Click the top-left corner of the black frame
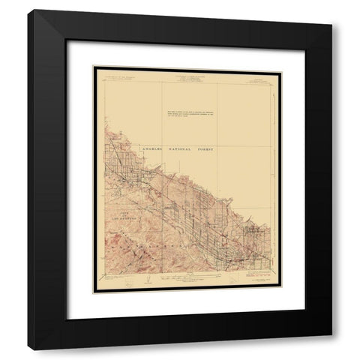click(x=28, y=10)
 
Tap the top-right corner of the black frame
click(x=331, y=10)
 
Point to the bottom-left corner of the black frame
click(x=28, y=349)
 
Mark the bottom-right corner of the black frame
click(x=331, y=349)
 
